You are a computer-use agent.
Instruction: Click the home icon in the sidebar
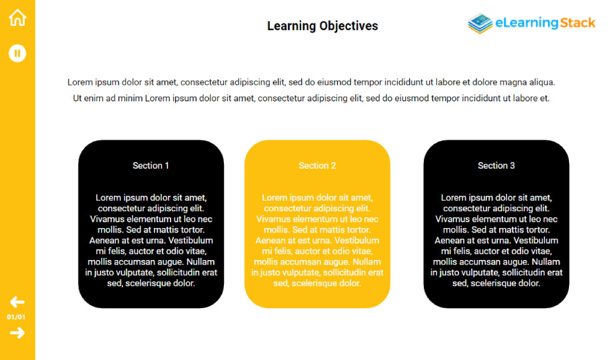coord(17,17)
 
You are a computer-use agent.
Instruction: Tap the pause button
coord(17,53)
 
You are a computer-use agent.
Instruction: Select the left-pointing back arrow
coord(17,302)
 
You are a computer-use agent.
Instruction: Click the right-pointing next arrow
coord(17,333)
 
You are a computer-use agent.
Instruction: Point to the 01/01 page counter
coord(16,317)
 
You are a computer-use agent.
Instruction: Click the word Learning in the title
coord(291,26)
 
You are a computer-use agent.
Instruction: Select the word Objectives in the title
coord(348,26)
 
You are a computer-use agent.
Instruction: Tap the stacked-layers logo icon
coord(480,23)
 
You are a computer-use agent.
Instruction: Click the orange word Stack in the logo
coord(578,23)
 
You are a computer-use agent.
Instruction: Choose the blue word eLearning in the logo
coord(527,23)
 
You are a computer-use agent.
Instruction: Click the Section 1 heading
coord(151,165)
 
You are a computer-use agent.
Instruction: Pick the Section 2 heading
coord(317,165)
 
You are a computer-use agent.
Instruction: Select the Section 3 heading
coord(496,165)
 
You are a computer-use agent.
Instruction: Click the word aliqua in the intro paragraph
coord(542,82)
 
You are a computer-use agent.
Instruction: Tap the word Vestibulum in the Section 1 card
coord(191,240)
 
